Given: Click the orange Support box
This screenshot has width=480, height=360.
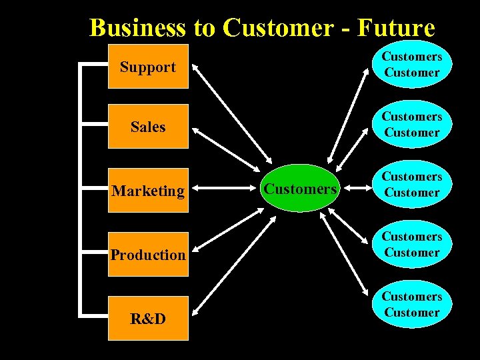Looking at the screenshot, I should (148, 67).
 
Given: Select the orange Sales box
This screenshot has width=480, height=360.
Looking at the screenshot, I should (148, 126).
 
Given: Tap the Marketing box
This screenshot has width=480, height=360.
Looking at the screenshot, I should (148, 191).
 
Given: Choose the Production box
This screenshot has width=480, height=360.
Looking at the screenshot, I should (148, 254).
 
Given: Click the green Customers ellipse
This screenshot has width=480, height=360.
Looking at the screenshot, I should (300, 189).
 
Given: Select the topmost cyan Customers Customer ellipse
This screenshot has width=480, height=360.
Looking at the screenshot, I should (412, 65).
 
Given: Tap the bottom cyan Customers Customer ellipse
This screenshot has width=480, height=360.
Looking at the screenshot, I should (412, 305).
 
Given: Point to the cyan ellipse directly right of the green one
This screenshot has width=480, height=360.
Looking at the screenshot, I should (412, 185).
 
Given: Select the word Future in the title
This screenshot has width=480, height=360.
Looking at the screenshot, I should (396, 28).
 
